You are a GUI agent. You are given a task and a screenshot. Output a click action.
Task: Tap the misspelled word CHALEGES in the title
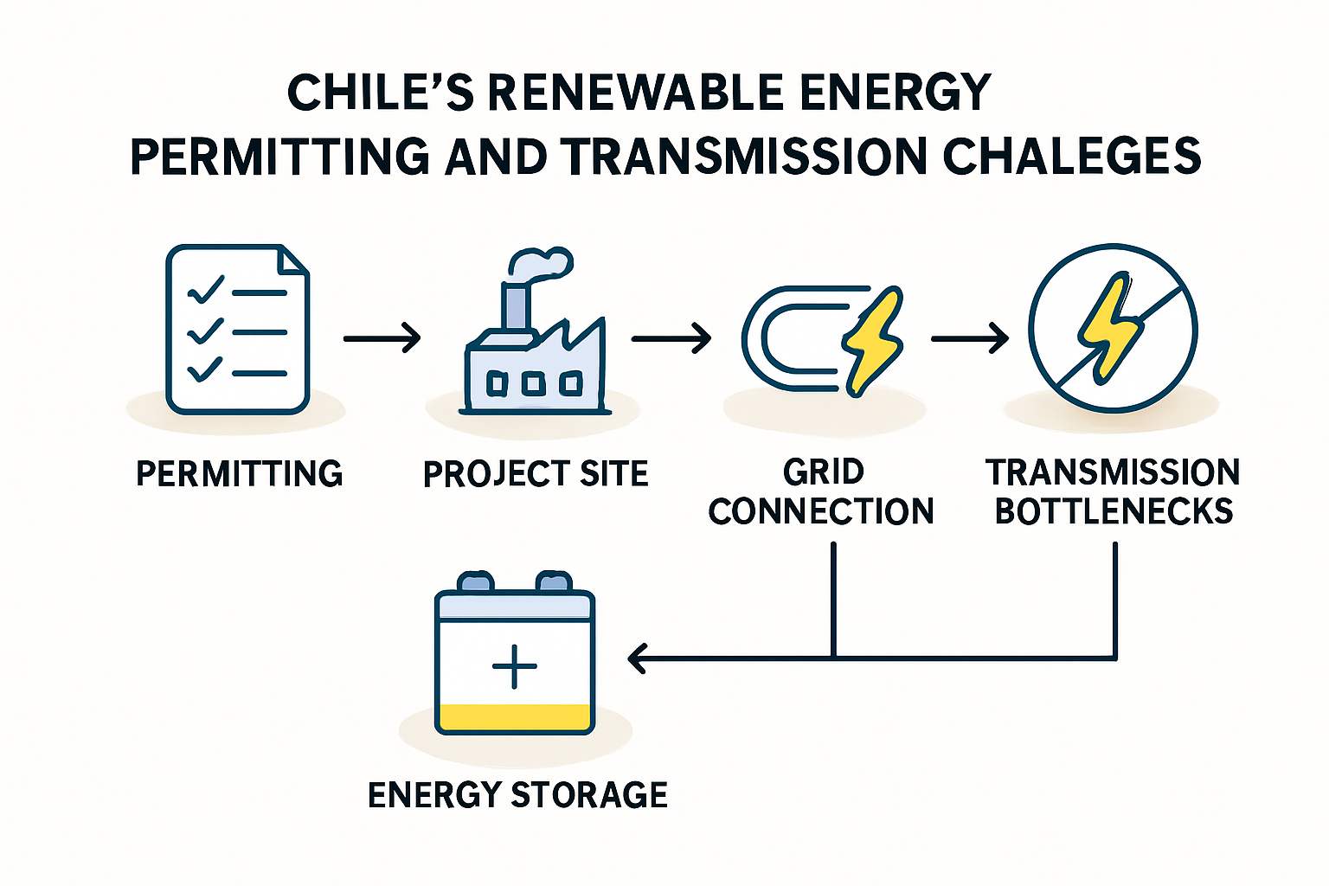[x=1072, y=156]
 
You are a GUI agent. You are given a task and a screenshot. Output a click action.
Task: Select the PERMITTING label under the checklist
[x=239, y=473]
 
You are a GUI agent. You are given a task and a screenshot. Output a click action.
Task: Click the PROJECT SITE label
[x=536, y=473]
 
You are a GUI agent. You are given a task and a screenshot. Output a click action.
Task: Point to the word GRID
[x=824, y=472]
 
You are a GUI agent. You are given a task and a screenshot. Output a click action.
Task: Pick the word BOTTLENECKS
[x=1114, y=511]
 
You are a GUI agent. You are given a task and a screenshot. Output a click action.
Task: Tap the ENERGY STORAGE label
[x=518, y=795]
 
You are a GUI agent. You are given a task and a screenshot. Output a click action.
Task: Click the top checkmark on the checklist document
[x=205, y=290]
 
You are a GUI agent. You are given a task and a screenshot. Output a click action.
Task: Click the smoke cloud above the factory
[x=541, y=263]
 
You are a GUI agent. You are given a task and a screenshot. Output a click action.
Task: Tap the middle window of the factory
[x=533, y=383]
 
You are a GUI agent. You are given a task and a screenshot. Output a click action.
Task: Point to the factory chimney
[x=515, y=306]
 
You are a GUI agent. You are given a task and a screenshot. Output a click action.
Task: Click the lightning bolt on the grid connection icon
[x=873, y=342]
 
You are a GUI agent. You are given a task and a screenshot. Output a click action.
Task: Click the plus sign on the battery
[x=515, y=666]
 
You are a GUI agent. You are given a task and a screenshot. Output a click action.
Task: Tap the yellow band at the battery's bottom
[x=515, y=717]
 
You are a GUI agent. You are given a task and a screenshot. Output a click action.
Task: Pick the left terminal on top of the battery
[x=475, y=581]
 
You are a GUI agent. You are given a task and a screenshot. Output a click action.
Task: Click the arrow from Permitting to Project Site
[x=382, y=338]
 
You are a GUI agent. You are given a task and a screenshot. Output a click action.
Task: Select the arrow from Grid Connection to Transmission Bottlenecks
[x=969, y=338]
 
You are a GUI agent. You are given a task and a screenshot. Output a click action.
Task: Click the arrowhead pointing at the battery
[x=636, y=658]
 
